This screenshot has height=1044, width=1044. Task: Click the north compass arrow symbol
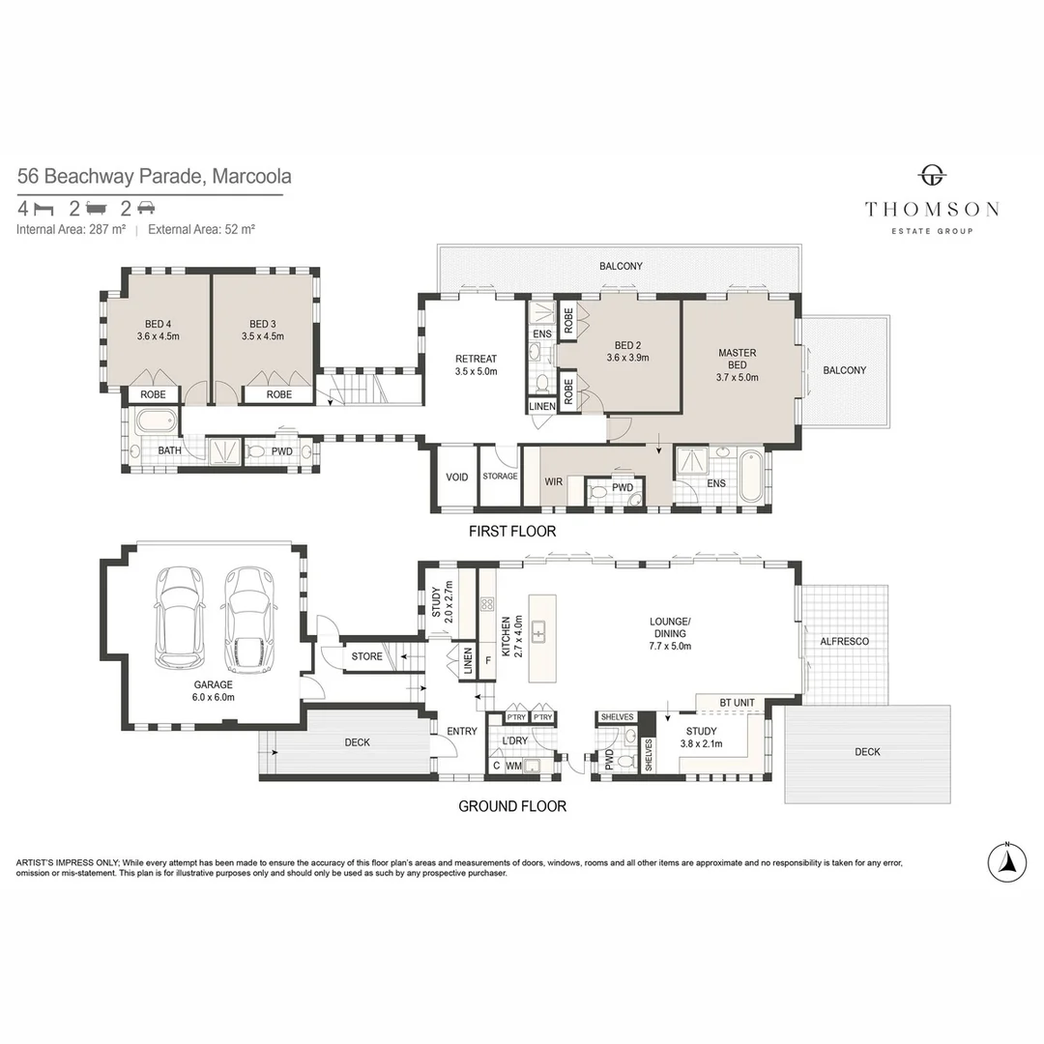pyautogui.click(x=1006, y=863)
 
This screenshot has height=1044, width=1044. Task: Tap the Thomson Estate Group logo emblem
pyautogui.click(x=932, y=176)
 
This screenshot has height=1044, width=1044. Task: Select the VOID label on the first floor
pyautogui.click(x=456, y=477)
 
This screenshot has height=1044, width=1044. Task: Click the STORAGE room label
pyautogui.click(x=500, y=476)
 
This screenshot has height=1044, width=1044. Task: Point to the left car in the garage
pyautogui.click(x=179, y=617)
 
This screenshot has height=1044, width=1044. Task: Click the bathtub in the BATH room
pyautogui.click(x=158, y=421)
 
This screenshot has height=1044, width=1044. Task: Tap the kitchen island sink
pyautogui.click(x=538, y=631)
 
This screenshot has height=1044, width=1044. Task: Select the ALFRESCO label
pyautogui.click(x=844, y=641)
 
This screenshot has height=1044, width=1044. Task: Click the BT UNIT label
pyautogui.click(x=737, y=703)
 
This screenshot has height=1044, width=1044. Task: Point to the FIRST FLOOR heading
pyautogui.click(x=512, y=532)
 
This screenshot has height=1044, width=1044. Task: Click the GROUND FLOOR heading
pyautogui.click(x=512, y=806)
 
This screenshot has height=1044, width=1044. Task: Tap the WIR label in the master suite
pyautogui.click(x=553, y=481)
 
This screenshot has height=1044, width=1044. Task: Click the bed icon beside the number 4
pyautogui.click(x=43, y=209)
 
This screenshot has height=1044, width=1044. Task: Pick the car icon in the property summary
pyautogui.click(x=146, y=209)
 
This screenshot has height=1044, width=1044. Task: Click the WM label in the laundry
pyautogui.click(x=513, y=767)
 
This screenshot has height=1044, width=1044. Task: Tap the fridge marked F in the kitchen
pyautogui.click(x=488, y=661)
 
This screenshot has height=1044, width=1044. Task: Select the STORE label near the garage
pyautogui.click(x=367, y=656)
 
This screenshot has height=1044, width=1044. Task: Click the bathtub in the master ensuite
pyautogui.click(x=752, y=476)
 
